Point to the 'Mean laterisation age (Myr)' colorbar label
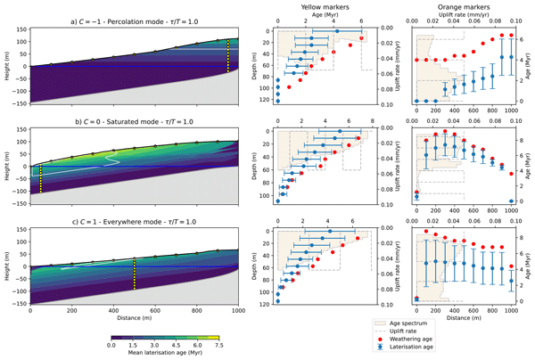tap(165, 354)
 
